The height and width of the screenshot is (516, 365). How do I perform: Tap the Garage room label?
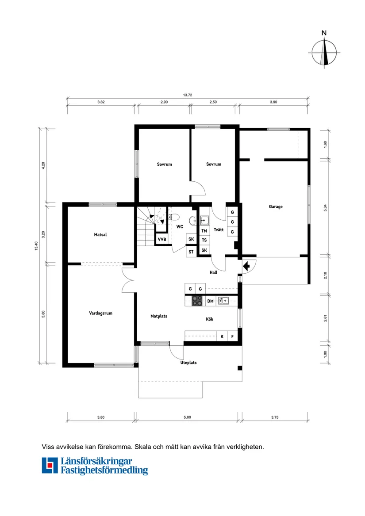coord(275,206)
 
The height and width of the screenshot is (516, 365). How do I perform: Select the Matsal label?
coord(100,235)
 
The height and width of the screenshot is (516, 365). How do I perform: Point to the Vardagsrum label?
coord(100,313)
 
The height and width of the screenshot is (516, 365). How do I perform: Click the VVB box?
coord(162,240)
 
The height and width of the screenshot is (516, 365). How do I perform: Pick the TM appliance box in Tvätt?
coord(204,231)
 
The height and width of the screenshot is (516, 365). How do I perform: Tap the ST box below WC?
coord(191,252)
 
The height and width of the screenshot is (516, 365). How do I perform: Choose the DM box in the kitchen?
coord(211,302)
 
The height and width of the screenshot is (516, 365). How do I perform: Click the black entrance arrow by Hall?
coord(246,266)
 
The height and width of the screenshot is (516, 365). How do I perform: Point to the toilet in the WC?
coord(174,217)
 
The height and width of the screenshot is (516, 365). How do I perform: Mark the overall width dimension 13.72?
coord(187,95)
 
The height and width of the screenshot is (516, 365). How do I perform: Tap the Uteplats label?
coord(188,363)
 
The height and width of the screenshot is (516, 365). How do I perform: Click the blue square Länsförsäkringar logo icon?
coord(50,465)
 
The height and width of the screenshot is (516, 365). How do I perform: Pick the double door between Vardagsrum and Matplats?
coord(128,280)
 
